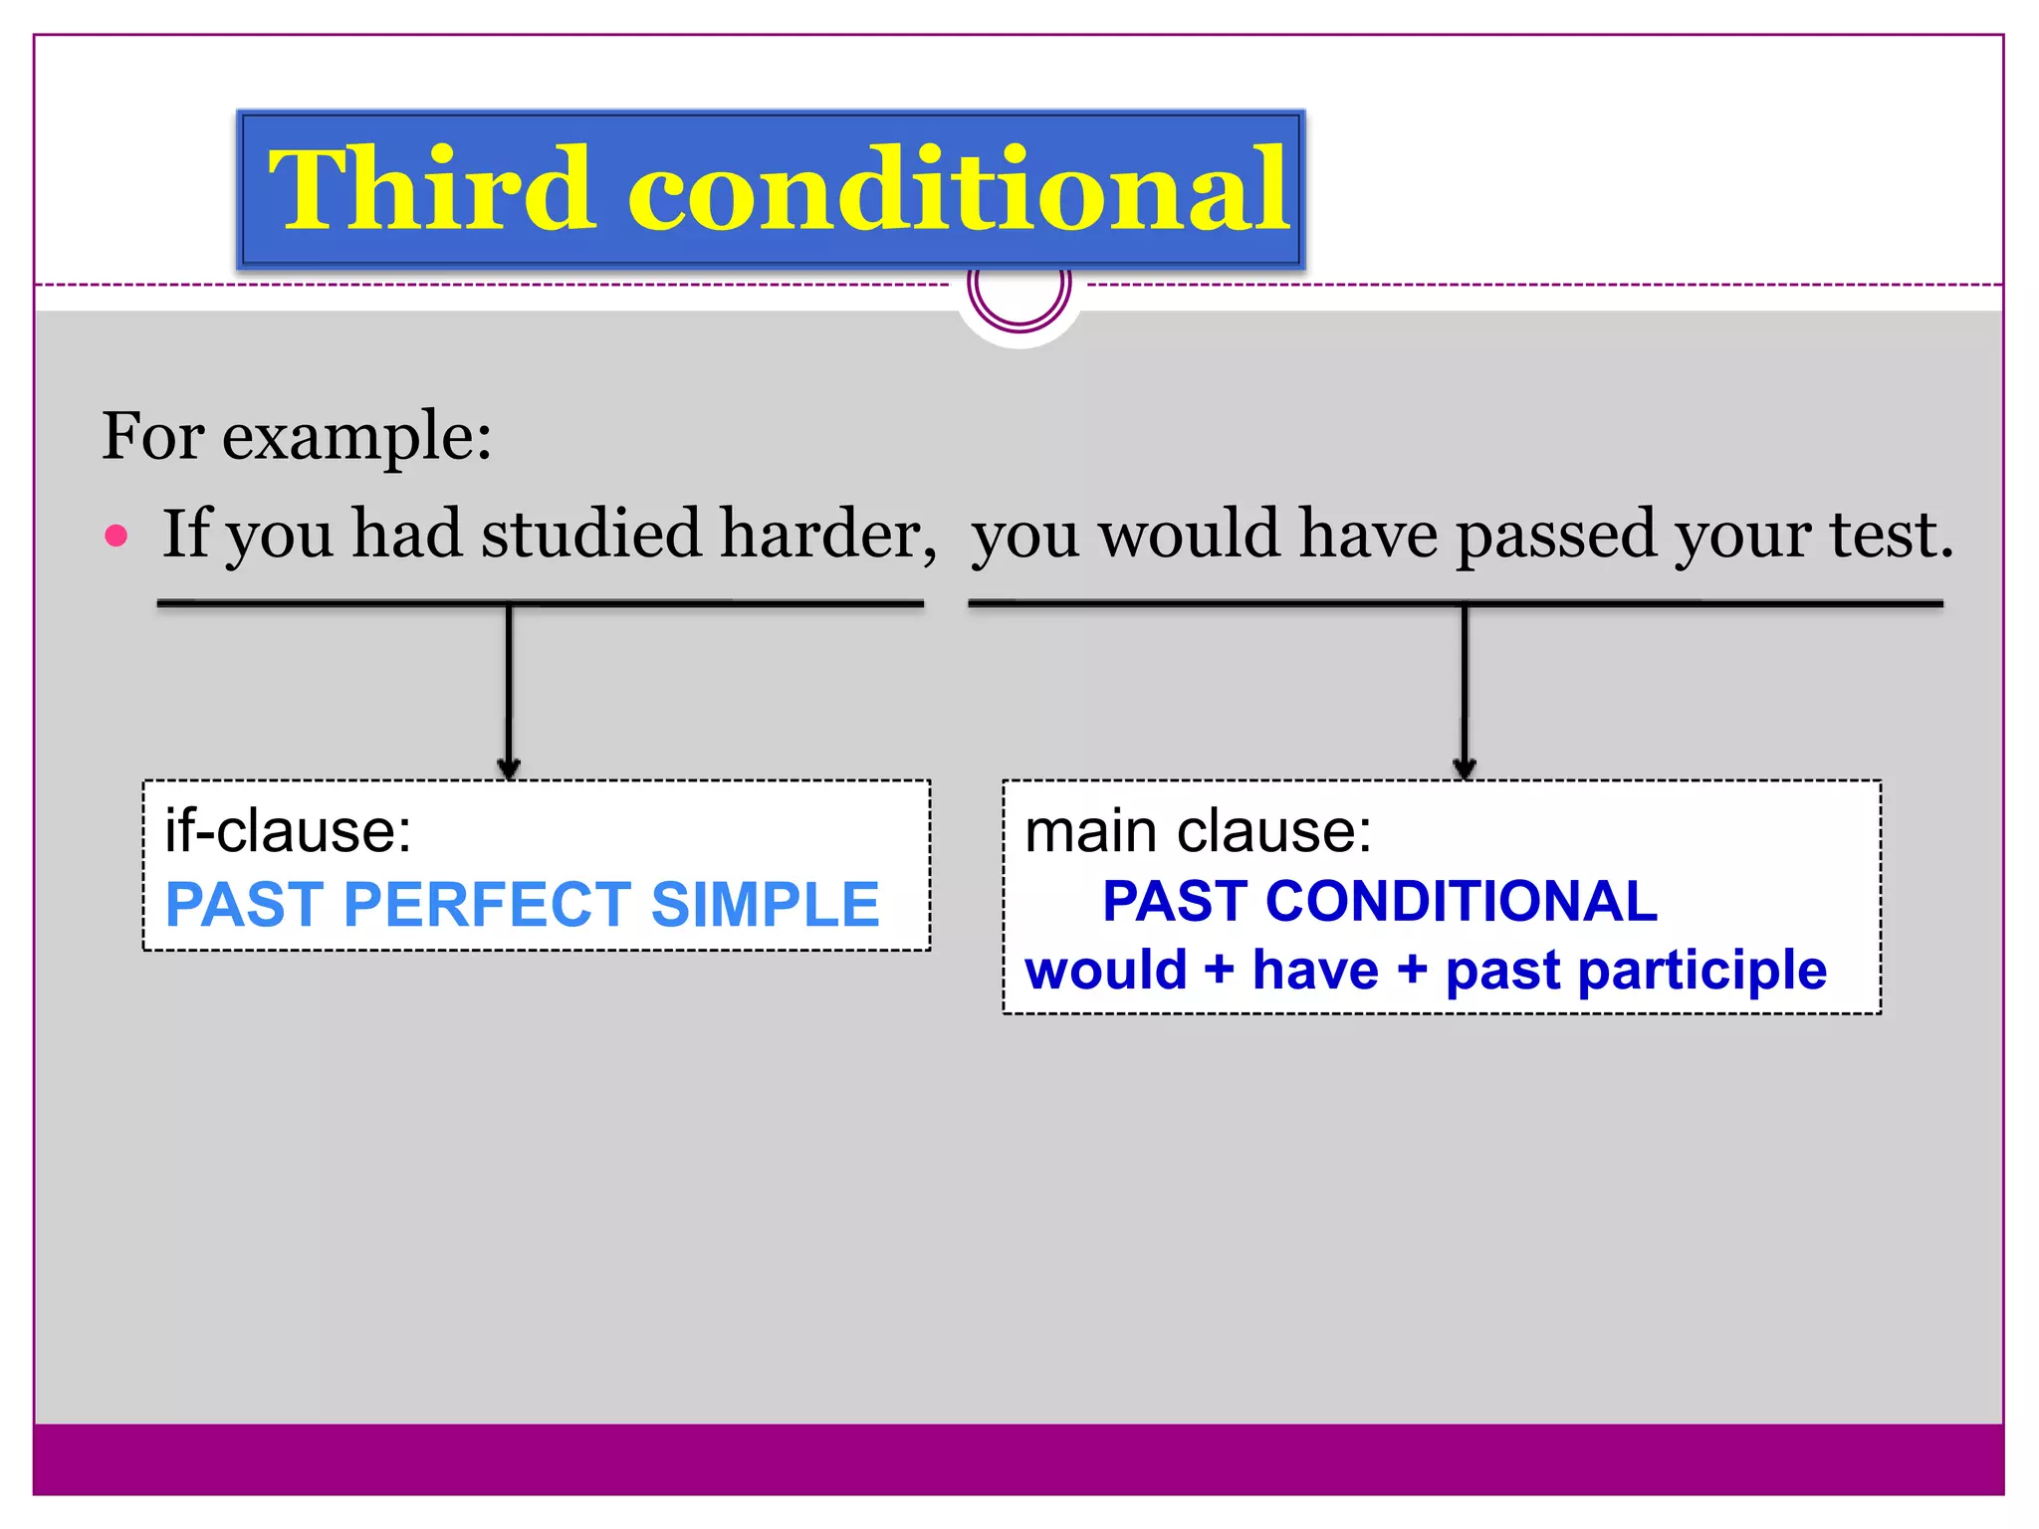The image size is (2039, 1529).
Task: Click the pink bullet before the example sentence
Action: point(116,536)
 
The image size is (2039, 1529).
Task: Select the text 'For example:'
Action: point(297,436)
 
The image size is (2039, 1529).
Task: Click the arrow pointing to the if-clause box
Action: point(509,697)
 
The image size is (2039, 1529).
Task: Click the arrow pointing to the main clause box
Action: point(1464,697)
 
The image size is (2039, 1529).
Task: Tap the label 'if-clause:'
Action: point(288,830)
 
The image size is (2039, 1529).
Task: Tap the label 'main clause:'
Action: point(1198,830)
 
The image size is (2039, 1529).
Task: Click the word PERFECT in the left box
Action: point(488,904)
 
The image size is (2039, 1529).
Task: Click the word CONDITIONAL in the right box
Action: point(1461,901)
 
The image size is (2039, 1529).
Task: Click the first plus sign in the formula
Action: point(1219,969)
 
